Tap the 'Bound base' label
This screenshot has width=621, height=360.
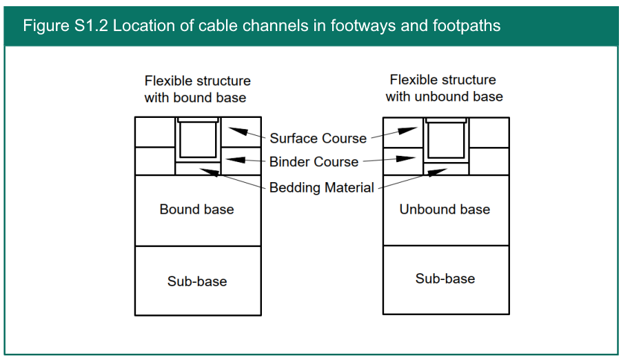tap(196, 210)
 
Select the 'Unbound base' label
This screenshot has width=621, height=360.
tap(445, 210)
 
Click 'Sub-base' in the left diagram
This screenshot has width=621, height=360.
tap(196, 281)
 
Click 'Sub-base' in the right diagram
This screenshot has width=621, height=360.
tap(445, 279)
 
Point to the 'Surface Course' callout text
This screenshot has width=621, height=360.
tap(318, 139)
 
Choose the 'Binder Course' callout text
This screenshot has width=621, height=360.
tap(314, 162)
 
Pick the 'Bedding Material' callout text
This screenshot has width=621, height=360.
tap(322, 188)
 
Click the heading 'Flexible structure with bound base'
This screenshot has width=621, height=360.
tap(197, 90)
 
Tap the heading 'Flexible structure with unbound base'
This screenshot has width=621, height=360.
tap(444, 88)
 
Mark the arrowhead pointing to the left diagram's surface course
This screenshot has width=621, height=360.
tap(235, 130)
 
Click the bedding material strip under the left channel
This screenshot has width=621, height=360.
tap(198, 168)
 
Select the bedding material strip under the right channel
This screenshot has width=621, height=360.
tap(446, 168)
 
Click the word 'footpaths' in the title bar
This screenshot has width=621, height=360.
tap(469, 26)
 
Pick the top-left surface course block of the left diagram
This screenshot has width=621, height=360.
tap(155, 132)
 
